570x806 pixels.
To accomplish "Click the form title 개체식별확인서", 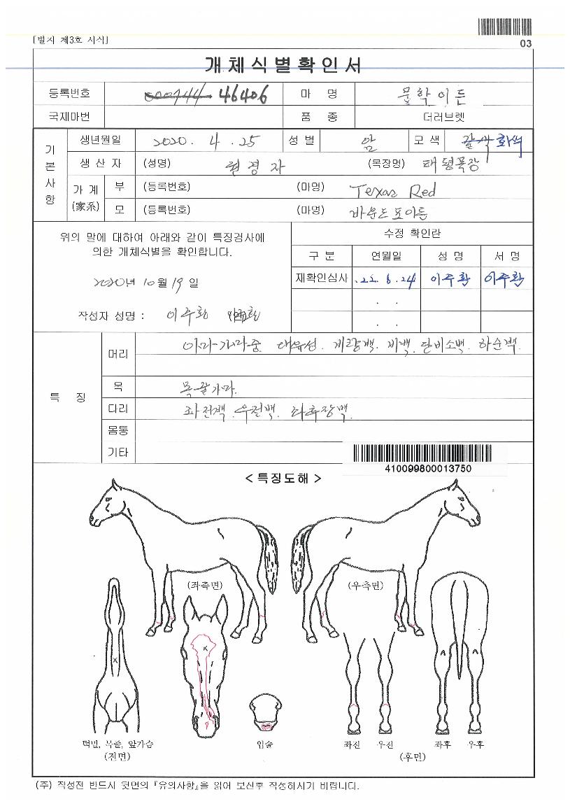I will [283, 66].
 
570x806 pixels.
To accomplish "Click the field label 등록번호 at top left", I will [69, 94].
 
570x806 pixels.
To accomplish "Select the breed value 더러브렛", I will [443, 116].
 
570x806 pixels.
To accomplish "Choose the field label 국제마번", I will [69, 116].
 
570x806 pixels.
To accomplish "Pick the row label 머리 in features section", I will [117, 354].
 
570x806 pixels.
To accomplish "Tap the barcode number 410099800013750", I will [427, 468].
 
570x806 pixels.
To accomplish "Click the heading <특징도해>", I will [283, 479].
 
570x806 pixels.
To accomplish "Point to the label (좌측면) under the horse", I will [206, 584].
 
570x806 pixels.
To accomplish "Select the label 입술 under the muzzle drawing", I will [264, 744].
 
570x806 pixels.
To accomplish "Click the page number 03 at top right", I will [526, 43].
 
